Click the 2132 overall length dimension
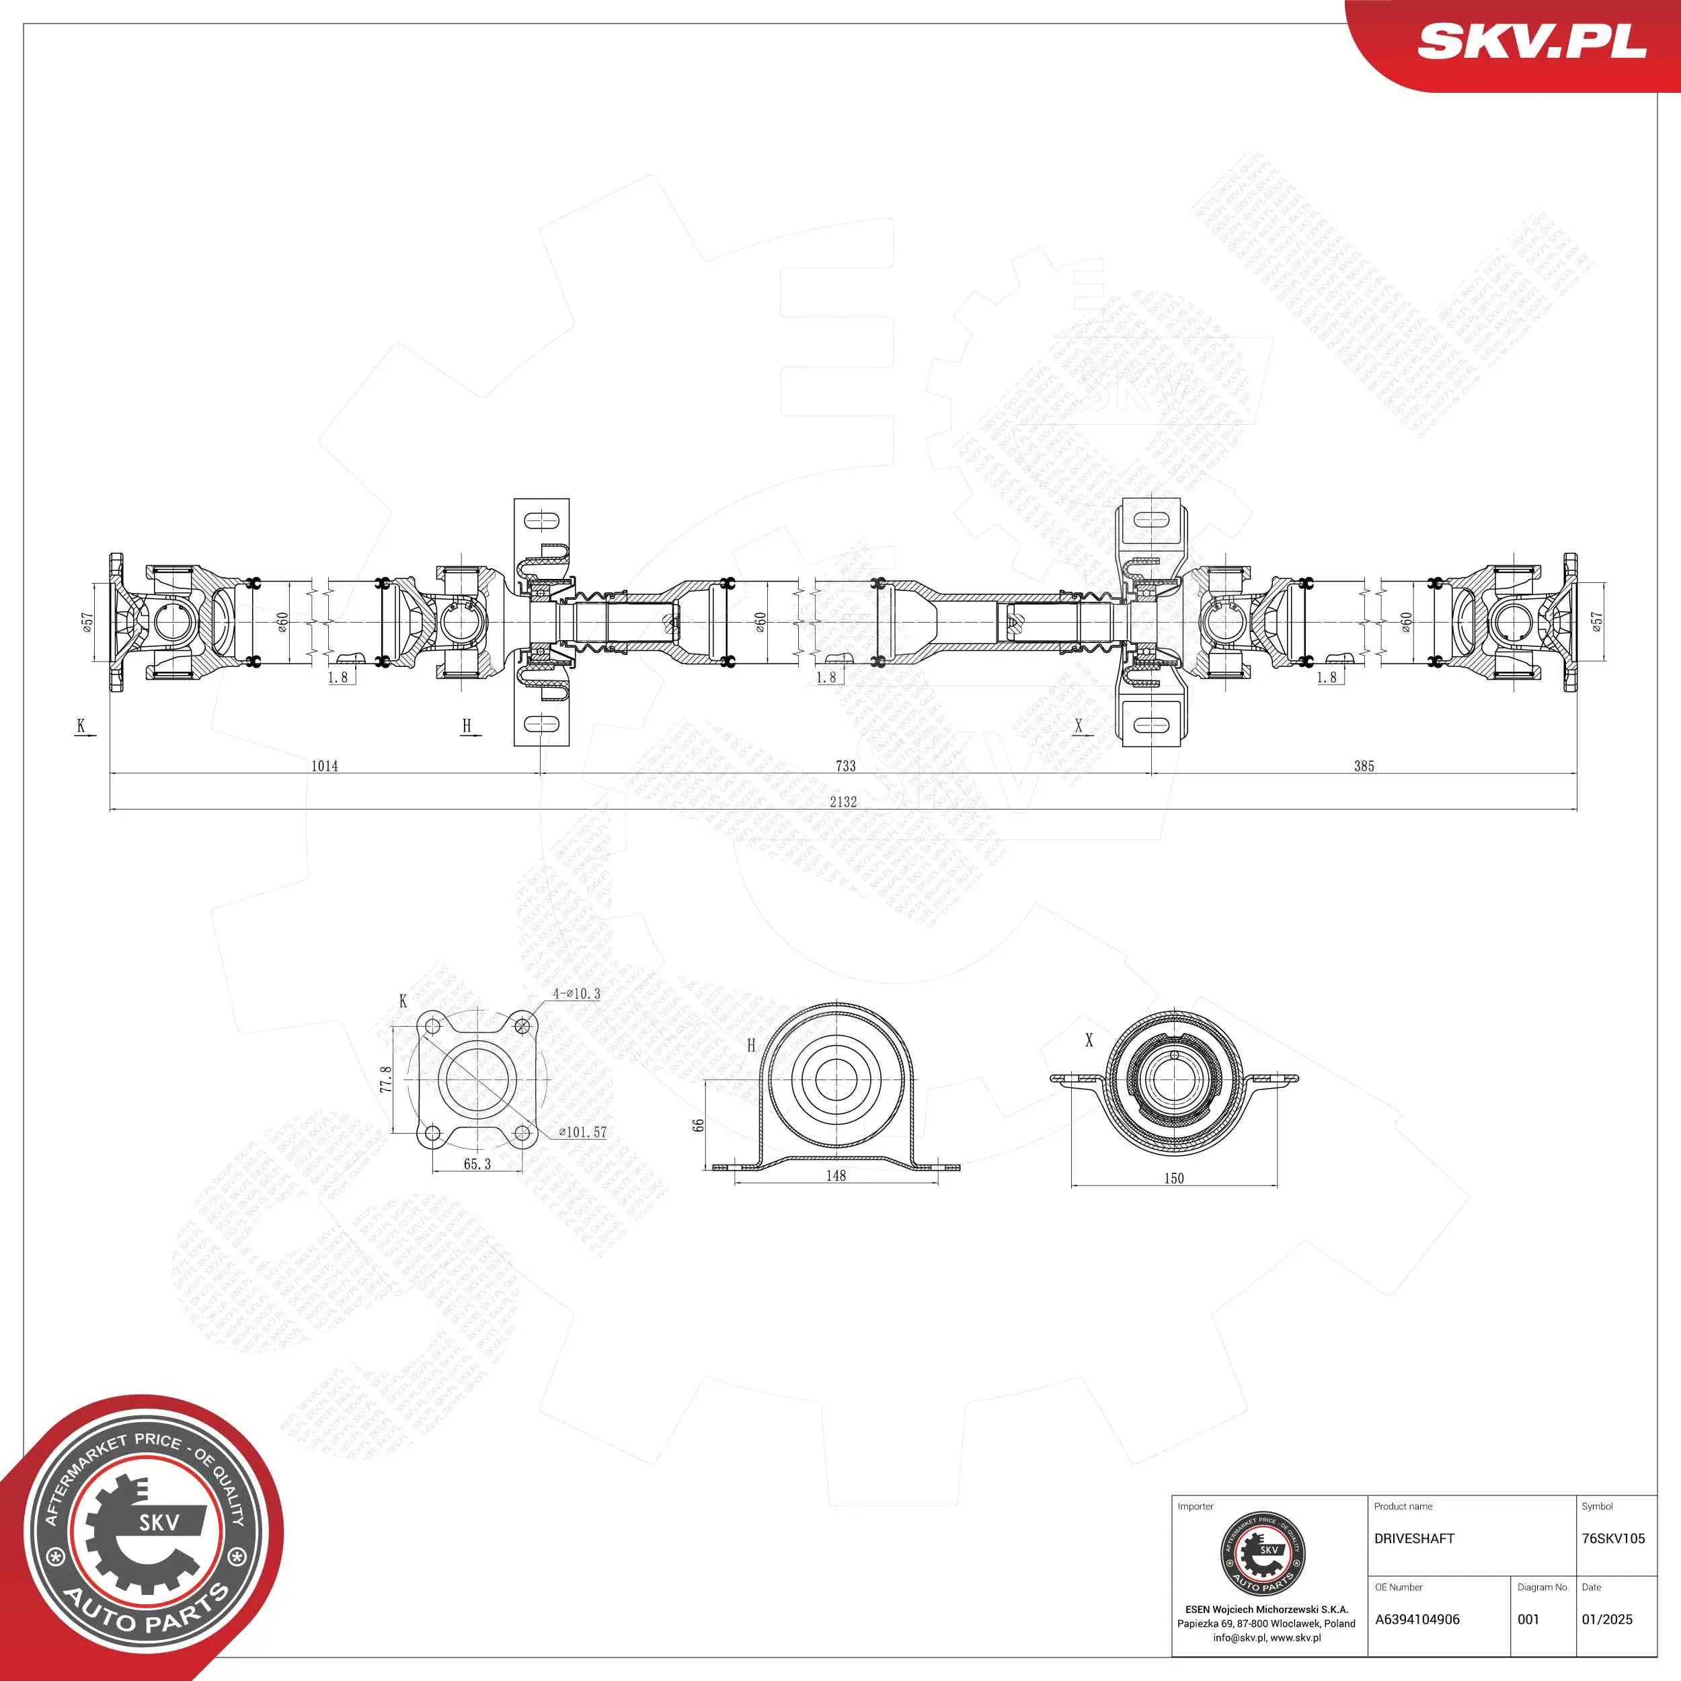pos(843,802)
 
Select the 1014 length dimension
pos(325,766)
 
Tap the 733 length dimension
pos(846,766)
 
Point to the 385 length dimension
pos(1364,766)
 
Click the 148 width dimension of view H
pos(836,1175)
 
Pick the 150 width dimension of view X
pos(1174,1178)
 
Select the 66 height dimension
pos(699,1125)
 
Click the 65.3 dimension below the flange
pos(477,1164)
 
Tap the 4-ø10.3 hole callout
pos(576,994)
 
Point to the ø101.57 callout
pos(582,1132)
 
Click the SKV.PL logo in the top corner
pos(1532,42)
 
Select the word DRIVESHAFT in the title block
pos(1414,1538)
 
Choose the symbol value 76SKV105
pos(1613,1538)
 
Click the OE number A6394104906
pos(1417,1619)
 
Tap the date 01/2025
pos(1607,1619)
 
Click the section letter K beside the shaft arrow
pos(81,726)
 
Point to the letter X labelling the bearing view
pos(1089,1040)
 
